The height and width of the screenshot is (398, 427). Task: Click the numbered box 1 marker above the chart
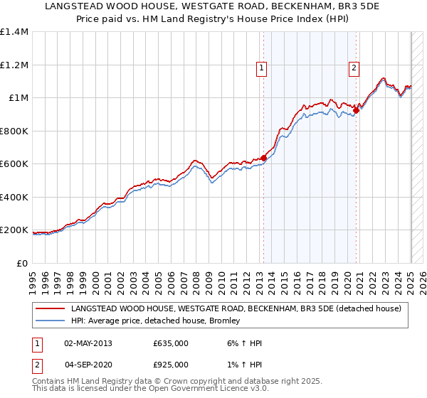[x=262, y=68]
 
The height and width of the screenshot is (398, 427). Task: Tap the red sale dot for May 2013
[x=263, y=158]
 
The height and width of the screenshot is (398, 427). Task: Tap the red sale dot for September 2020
[x=357, y=109]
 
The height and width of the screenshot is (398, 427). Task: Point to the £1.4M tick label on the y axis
[x=14, y=32]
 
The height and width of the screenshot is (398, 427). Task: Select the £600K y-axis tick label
[x=14, y=164]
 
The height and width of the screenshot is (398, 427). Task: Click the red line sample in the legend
[x=50, y=308]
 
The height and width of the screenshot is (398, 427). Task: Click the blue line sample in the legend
[x=50, y=321]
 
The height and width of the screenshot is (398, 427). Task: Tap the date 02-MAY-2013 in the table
[x=88, y=343]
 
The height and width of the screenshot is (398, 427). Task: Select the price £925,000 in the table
[x=171, y=365]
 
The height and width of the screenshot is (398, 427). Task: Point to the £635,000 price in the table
[x=171, y=343]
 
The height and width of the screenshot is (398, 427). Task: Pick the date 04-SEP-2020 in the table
[x=88, y=365]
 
